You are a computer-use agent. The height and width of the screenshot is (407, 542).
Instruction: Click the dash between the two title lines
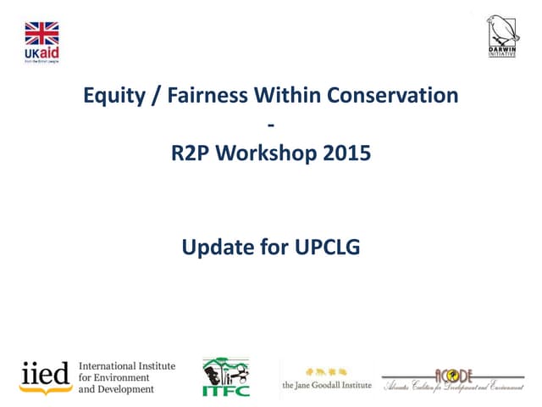[x=271, y=125]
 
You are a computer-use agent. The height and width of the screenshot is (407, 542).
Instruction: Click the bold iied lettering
[x=46, y=374]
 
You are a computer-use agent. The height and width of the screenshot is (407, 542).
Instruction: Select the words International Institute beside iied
[x=127, y=365]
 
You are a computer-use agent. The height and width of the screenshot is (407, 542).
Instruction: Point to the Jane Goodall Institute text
[x=327, y=384]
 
